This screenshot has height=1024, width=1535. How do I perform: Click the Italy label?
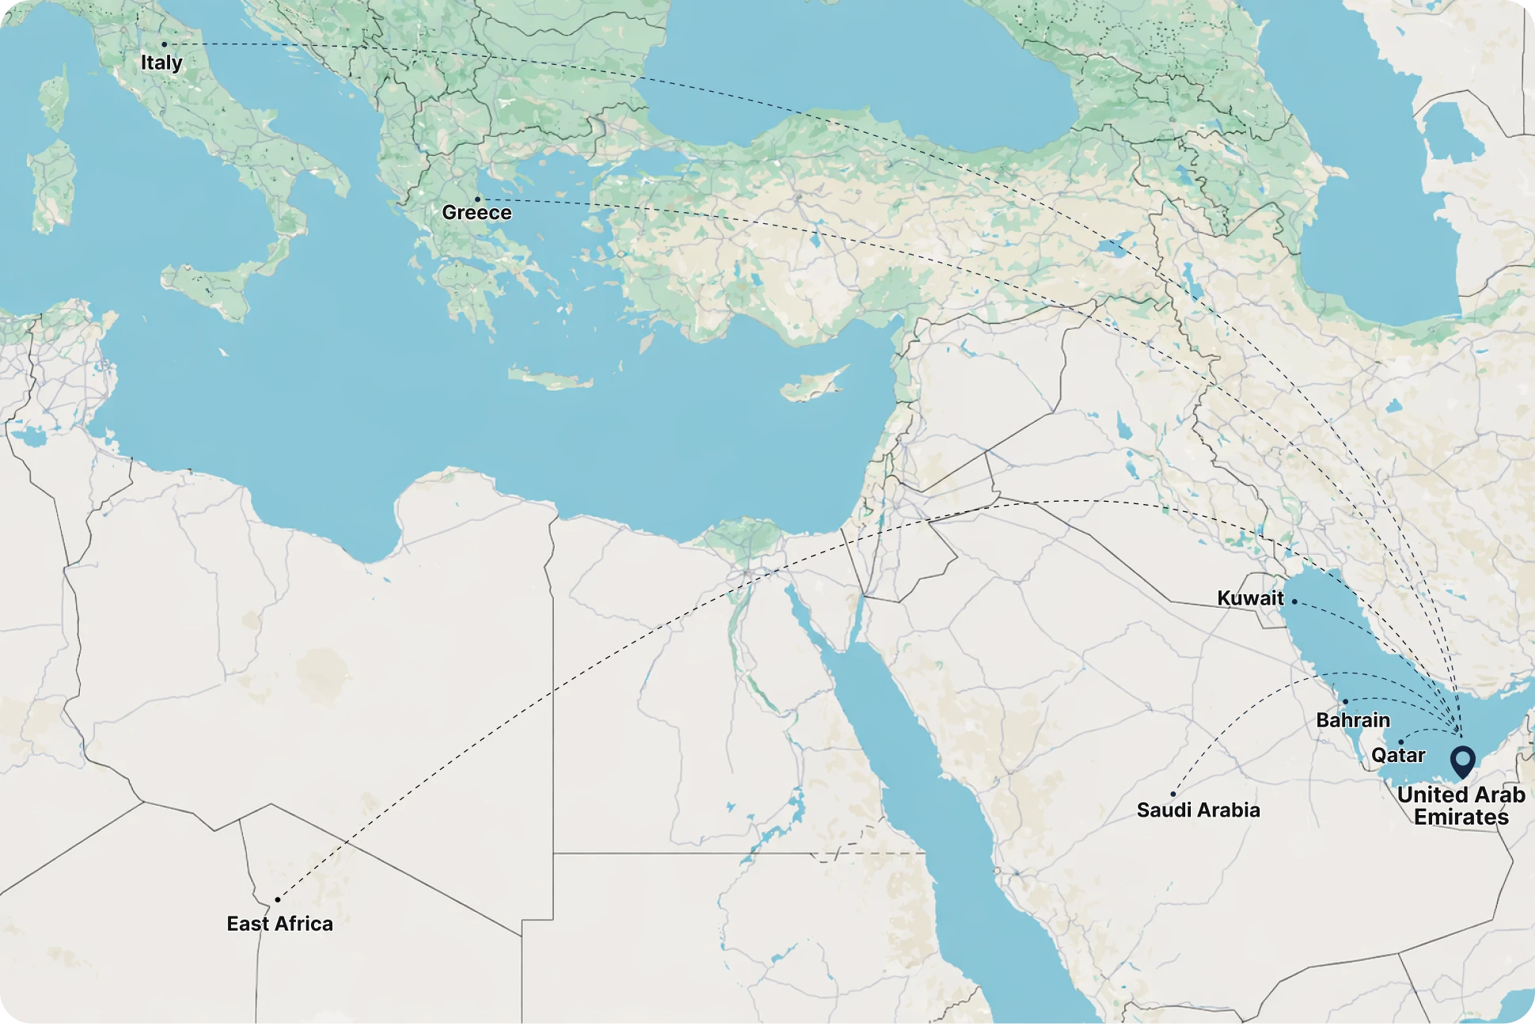point(161,63)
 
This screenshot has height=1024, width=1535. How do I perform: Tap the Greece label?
point(476,213)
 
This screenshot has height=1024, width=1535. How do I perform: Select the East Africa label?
point(279,923)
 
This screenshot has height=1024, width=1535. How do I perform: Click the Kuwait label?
point(1250,598)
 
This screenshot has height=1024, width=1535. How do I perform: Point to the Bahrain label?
point(1353,720)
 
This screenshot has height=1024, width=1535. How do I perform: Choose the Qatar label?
point(1398,755)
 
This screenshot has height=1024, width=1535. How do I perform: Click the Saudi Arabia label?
point(1198,810)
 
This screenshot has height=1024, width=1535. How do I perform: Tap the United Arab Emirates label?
point(1461,806)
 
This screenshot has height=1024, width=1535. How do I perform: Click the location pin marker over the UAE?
point(1462,761)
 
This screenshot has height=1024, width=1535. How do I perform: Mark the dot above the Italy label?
point(165,44)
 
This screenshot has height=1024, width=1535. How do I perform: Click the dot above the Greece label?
point(477,199)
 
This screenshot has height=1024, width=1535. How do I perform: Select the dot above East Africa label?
point(278,900)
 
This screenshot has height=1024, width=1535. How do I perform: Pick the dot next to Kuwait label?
point(1294,601)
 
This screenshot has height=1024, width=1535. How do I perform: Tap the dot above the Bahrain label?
point(1345,702)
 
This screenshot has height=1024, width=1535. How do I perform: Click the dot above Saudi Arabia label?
point(1173,794)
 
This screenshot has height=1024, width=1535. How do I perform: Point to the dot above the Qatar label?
point(1400,742)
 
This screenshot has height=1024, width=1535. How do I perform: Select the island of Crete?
point(550,377)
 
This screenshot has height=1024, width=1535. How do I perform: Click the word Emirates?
point(1461,817)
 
